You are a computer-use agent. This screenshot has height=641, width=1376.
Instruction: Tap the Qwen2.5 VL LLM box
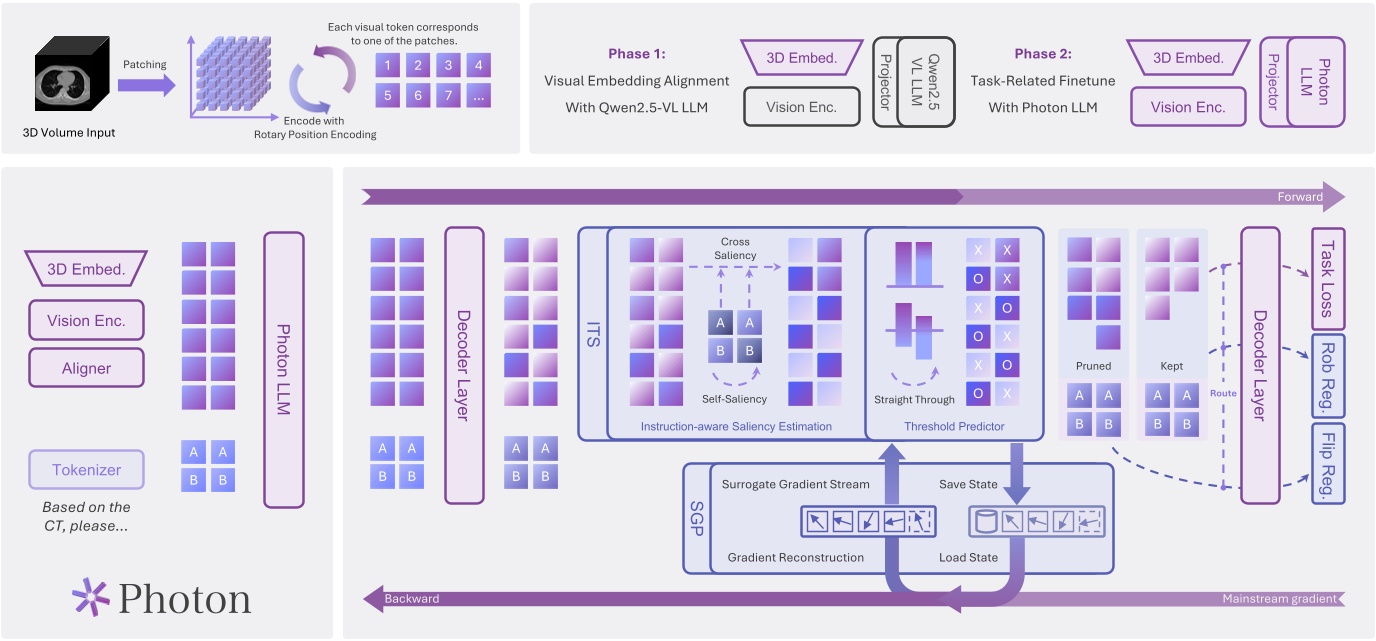[x=925, y=82]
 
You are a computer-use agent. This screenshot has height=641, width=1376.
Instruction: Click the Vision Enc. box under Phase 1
[x=801, y=106]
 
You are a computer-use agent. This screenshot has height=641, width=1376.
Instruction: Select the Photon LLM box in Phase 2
[x=1315, y=82]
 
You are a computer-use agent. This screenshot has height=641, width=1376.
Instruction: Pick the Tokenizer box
[x=87, y=469]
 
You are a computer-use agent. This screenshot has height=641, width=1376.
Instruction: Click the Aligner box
[x=87, y=368]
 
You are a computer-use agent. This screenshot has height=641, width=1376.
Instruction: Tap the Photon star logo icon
[x=91, y=597]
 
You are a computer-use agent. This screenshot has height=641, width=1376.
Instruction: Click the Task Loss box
[x=1328, y=279]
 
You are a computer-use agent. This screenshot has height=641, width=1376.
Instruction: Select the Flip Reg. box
[x=1328, y=462]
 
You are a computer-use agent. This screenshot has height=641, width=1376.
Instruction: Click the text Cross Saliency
[x=735, y=248]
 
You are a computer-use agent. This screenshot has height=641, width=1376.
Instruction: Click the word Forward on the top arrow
[x=1300, y=197]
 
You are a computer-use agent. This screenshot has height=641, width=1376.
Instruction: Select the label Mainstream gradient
[x=1278, y=599]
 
